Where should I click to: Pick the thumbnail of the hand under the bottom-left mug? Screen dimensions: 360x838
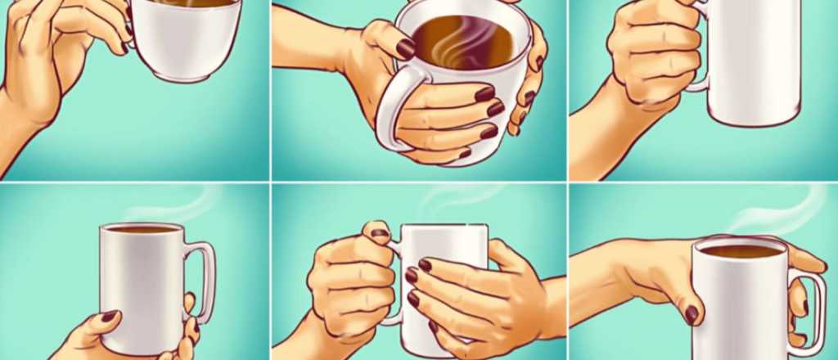pos(109,315)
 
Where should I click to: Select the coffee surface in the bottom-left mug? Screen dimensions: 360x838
pos(141,230)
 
